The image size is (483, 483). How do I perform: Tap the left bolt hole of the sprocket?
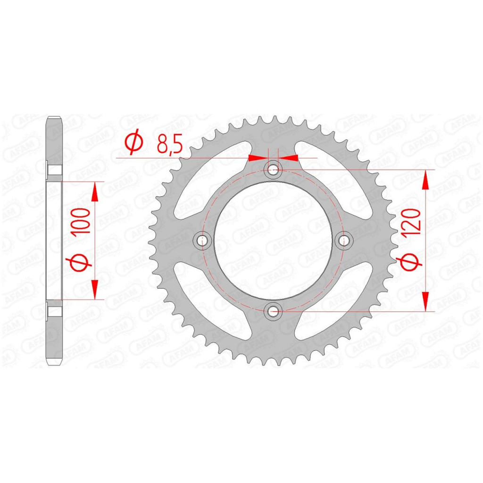click(202, 240)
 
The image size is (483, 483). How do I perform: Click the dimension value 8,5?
click(170, 144)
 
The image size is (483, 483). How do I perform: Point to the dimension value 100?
click(82, 221)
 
